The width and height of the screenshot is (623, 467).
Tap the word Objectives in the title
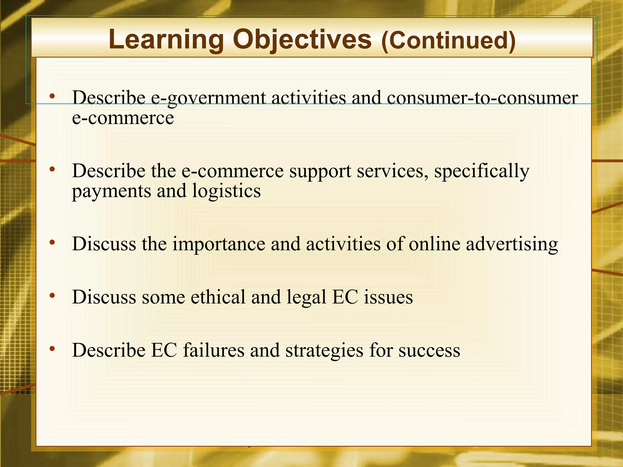302,40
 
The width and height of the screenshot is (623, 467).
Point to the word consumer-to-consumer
482,98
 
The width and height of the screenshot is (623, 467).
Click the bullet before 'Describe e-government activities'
52,96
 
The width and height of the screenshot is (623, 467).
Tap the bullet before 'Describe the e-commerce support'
52,169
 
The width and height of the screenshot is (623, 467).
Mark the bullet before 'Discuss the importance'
52,242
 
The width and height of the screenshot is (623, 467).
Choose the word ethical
218,297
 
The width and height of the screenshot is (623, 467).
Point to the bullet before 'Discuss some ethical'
52,295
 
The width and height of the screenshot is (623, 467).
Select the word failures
214,350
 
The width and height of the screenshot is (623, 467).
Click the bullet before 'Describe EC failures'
52,348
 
